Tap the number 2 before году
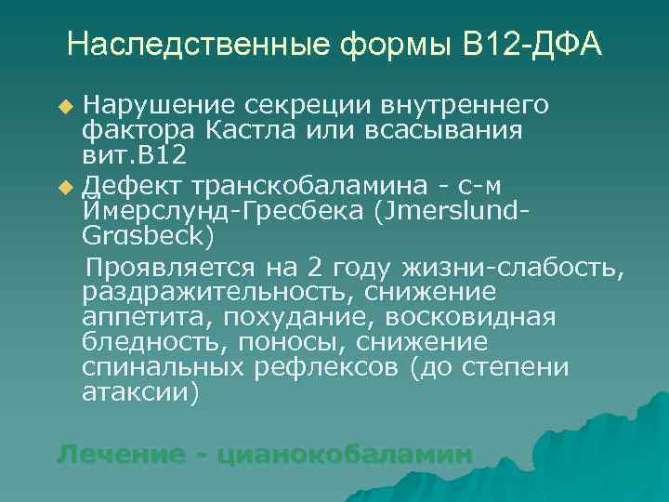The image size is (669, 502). (315, 269)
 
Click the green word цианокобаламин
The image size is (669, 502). (344, 455)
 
